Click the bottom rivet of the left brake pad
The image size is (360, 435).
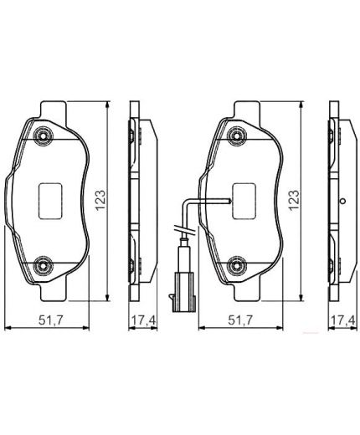tap(44, 265)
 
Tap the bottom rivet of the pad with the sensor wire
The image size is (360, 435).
tap(236, 265)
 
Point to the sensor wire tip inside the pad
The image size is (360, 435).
tap(229, 201)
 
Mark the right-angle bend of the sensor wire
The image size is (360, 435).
tap(187, 200)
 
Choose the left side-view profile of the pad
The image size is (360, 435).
tap(138, 201)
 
